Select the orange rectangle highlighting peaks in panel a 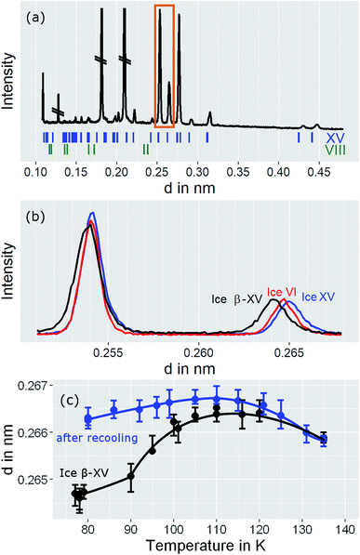click(x=164, y=66)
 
